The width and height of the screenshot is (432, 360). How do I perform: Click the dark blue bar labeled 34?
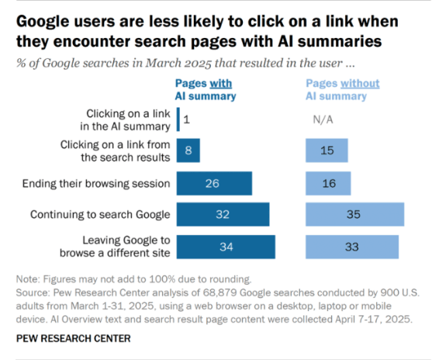pos(226,247)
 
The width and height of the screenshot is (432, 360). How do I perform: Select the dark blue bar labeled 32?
pos(223,214)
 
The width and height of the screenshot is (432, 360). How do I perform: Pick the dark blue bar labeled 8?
pos(188,151)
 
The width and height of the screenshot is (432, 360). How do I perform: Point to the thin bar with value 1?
pos(178,119)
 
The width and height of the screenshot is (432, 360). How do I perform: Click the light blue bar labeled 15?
pos(327,151)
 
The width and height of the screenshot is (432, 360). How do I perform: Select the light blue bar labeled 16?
pos(328,182)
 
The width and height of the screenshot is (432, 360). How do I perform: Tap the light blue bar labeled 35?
pos(354,214)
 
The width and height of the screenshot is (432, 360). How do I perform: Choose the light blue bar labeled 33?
pos(351,247)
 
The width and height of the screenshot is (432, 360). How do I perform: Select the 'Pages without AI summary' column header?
pos(335,88)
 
